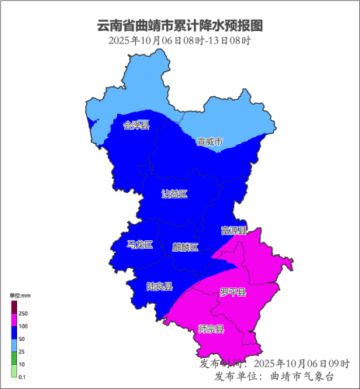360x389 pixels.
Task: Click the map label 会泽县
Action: point(136,124)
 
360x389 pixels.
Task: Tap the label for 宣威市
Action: point(209,142)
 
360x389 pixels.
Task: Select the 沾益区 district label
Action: point(175,193)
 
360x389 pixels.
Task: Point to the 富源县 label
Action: point(234,230)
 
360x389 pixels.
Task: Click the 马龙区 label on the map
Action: point(140,245)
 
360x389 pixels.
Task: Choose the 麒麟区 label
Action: point(185,247)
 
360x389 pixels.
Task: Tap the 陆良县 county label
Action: point(159,286)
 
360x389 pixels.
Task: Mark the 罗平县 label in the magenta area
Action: point(233,292)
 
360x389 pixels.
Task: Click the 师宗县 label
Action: point(211,329)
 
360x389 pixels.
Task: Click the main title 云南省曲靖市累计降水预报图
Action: point(179,26)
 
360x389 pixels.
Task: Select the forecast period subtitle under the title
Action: point(179,40)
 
